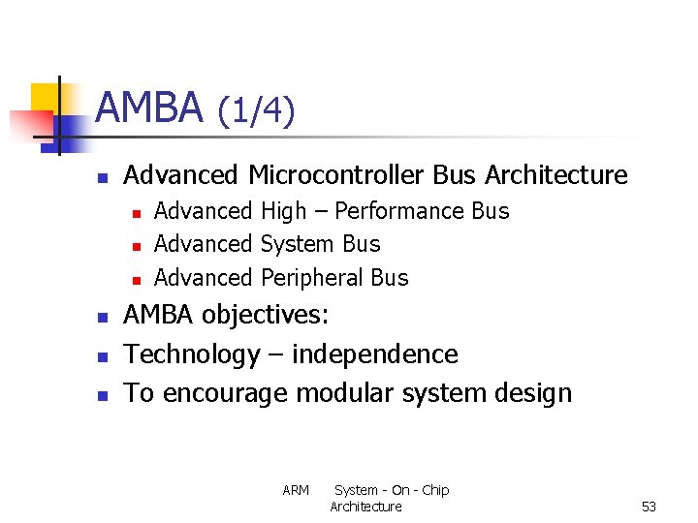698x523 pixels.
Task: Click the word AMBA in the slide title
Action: (x=149, y=108)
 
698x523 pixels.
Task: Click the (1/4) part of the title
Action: (x=256, y=111)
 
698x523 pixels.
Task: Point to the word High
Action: (x=283, y=211)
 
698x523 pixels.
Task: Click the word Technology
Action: (x=192, y=354)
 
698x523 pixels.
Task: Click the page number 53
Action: (x=649, y=507)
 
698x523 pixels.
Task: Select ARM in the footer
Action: (x=296, y=491)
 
